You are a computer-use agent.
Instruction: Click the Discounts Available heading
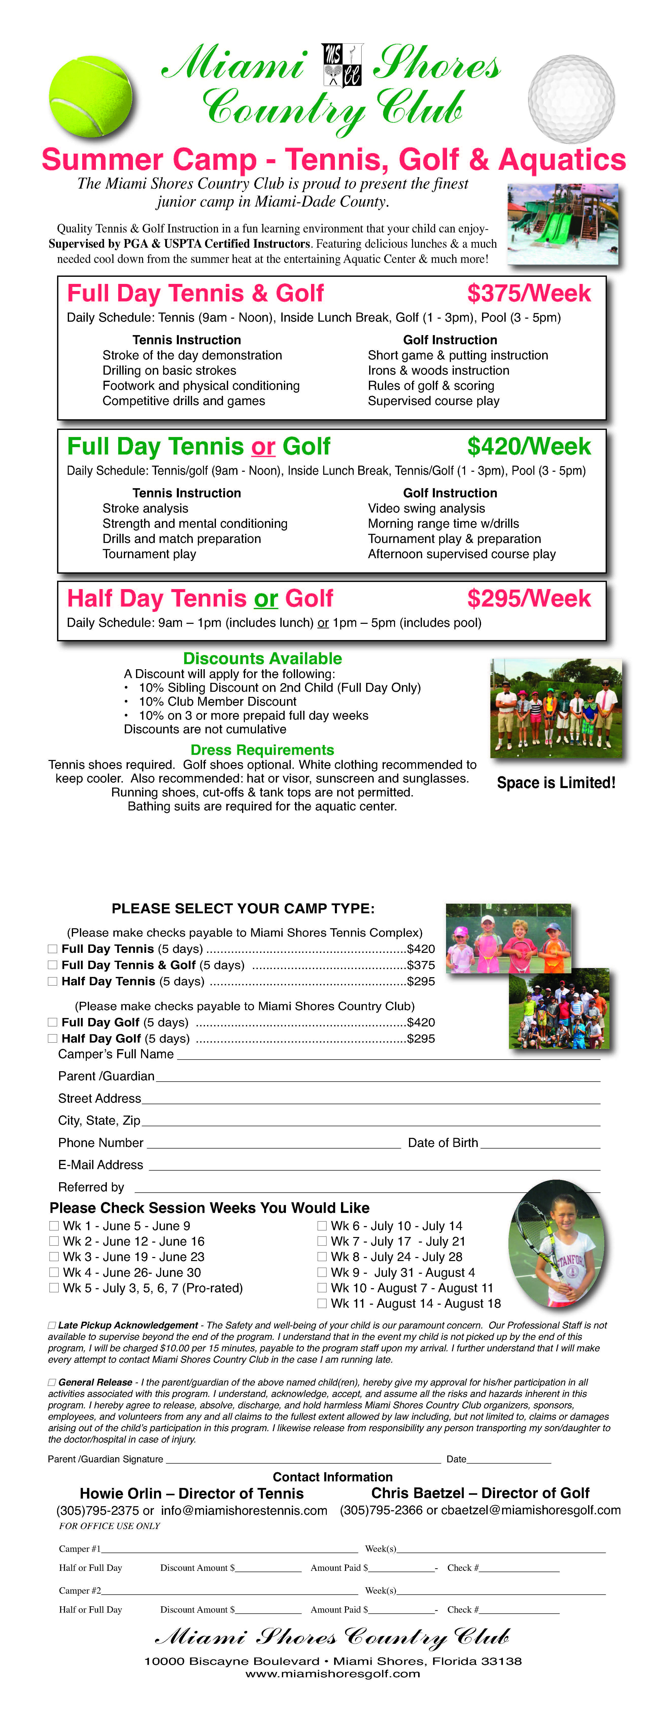[x=263, y=658]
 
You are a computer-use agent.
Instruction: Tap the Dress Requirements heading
[x=263, y=750]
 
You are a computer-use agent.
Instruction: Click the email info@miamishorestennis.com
[x=244, y=1510]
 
